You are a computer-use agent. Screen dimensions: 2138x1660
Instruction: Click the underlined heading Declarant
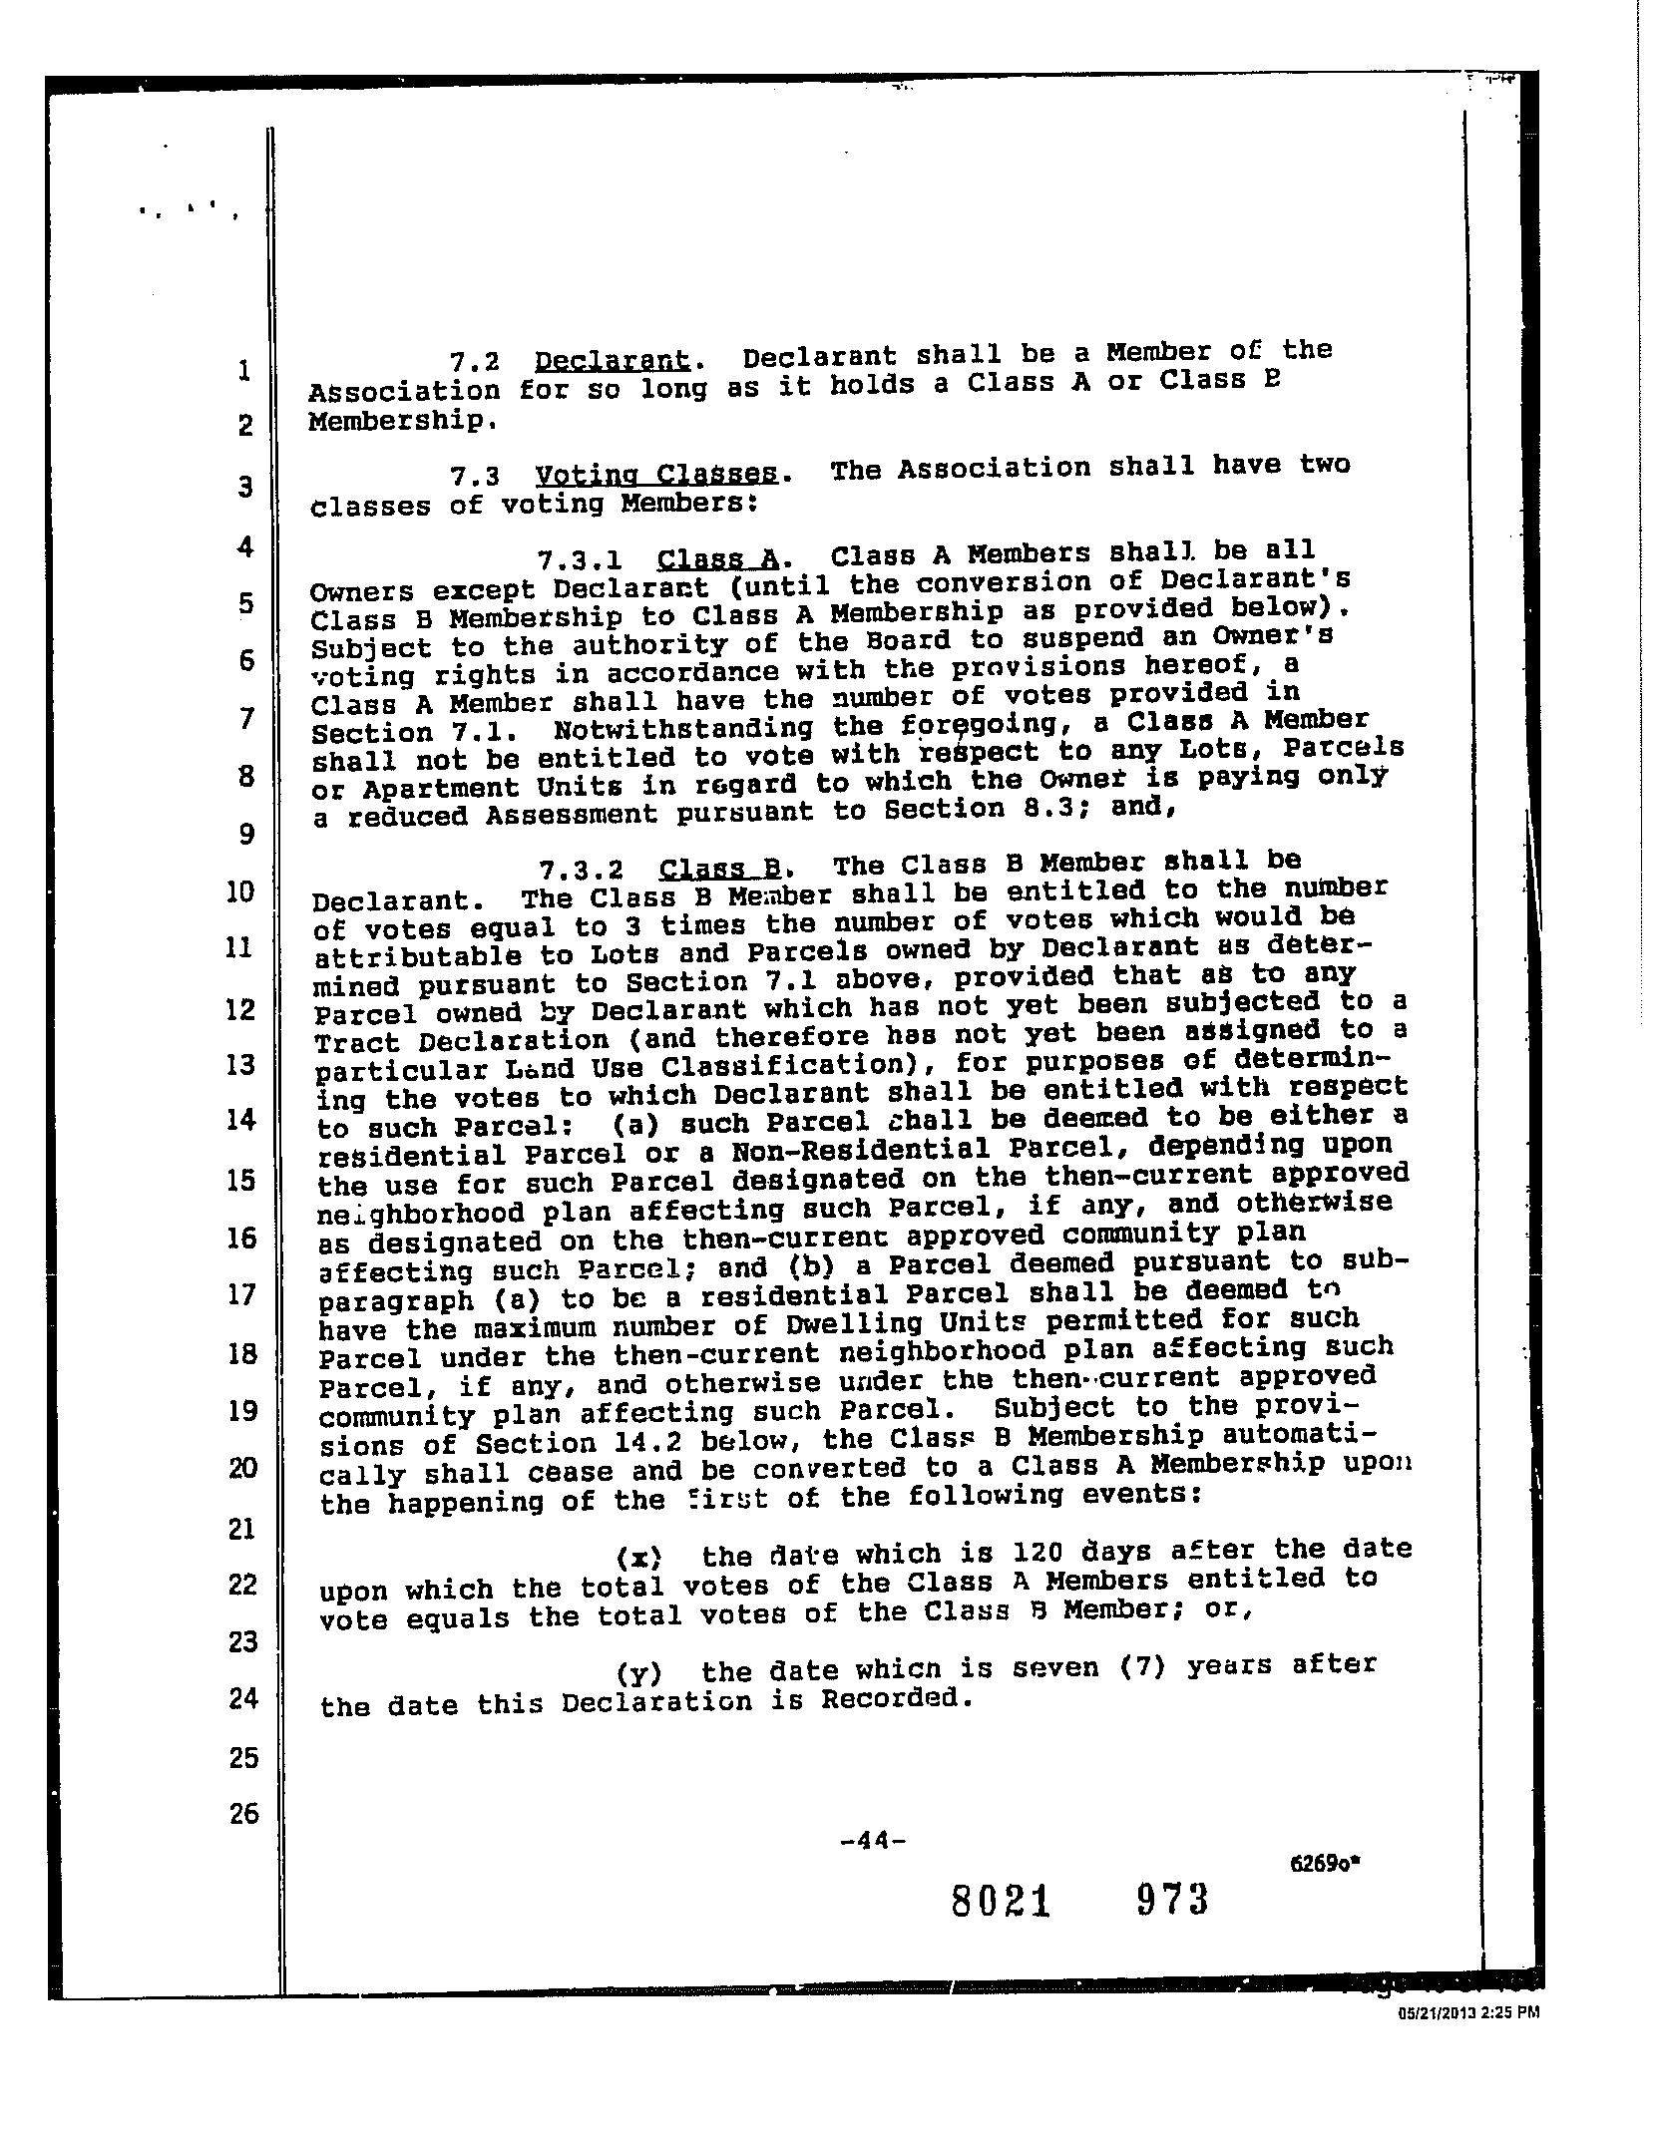click(x=612, y=360)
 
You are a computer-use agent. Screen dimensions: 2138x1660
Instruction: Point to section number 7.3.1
click(x=580, y=560)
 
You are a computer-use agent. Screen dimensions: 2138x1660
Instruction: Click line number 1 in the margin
click(x=243, y=371)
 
